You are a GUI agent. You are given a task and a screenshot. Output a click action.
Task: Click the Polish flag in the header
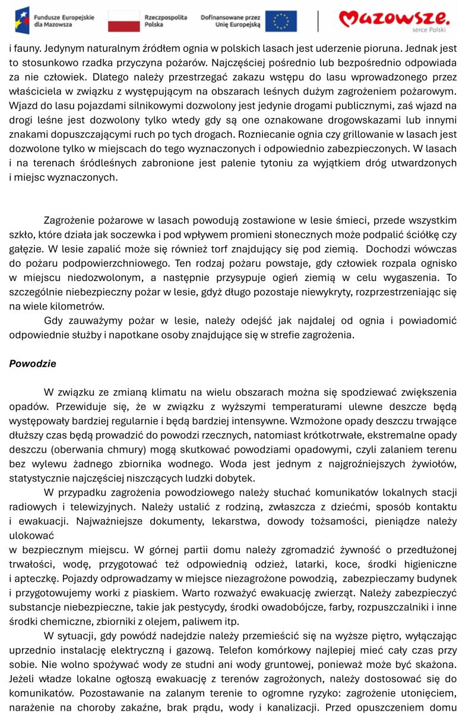pyautogui.click(x=123, y=21)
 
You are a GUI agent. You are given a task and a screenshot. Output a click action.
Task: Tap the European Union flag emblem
pyautogui.click(x=281, y=21)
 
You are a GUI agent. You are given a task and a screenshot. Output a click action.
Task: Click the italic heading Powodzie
pyautogui.click(x=33, y=364)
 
